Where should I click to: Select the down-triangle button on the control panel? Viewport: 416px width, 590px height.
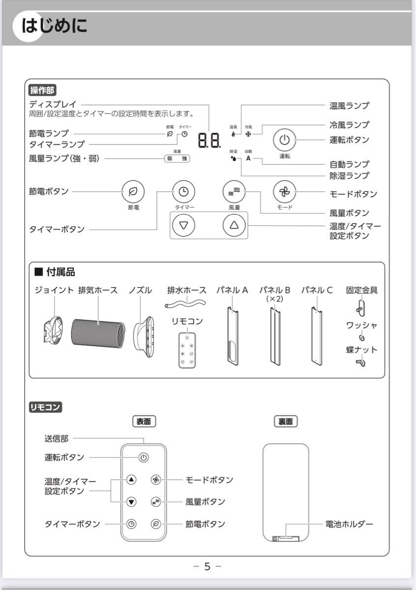tap(183, 226)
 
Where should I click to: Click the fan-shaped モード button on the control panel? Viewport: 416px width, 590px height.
tap(285, 192)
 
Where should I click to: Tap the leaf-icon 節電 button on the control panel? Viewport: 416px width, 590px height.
tap(133, 192)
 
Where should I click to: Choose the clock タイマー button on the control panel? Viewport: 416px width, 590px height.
tap(183, 192)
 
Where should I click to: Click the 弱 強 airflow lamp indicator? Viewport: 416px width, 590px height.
tap(177, 158)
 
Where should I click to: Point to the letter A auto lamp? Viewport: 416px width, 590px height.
tap(248, 158)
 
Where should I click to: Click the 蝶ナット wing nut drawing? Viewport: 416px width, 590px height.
tap(360, 363)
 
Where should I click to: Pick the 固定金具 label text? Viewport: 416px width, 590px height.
tap(361, 290)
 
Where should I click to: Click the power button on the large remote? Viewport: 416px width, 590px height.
tap(143, 457)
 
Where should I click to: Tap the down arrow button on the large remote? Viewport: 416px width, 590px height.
tap(131, 501)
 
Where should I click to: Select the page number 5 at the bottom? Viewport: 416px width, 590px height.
tap(207, 567)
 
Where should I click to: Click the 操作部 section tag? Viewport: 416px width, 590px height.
tap(43, 90)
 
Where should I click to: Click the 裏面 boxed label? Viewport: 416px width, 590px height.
tap(286, 421)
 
